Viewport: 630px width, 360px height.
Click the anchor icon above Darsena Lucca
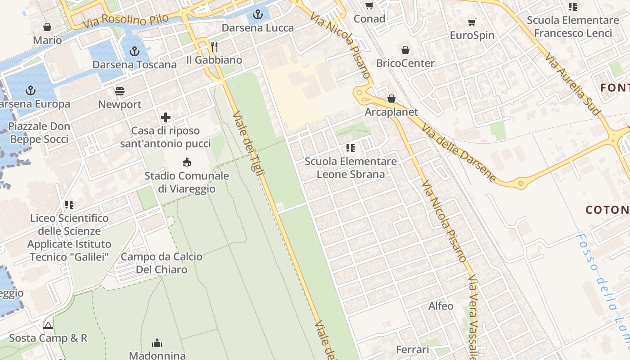(x=257, y=15)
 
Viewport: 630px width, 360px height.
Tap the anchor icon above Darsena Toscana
(x=135, y=52)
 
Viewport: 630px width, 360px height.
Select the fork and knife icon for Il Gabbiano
(x=214, y=47)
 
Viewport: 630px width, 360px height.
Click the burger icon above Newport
(x=120, y=91)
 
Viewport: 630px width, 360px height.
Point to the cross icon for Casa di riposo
(x=166, y=118)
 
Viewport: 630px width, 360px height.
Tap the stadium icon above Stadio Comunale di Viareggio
(x=186, y=162)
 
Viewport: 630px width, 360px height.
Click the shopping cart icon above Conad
(x=369, y=6)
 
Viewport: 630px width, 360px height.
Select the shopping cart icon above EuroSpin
(x=472, y=22)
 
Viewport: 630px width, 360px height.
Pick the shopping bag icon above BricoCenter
(x=405, y=50)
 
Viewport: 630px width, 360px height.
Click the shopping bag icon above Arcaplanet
(x=391, y=99)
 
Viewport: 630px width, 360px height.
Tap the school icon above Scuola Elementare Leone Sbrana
(x=351, y=148)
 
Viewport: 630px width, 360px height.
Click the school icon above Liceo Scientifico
(x=69, y=205)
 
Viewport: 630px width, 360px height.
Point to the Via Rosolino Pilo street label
(x=126, y=20)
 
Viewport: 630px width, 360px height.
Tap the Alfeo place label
(x=441, y=306)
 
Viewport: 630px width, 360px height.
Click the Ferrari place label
(x=413, y=349)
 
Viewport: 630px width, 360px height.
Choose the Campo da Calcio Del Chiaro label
(x=162, y=263)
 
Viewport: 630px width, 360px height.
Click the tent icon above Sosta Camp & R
(x=48, y=325)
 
